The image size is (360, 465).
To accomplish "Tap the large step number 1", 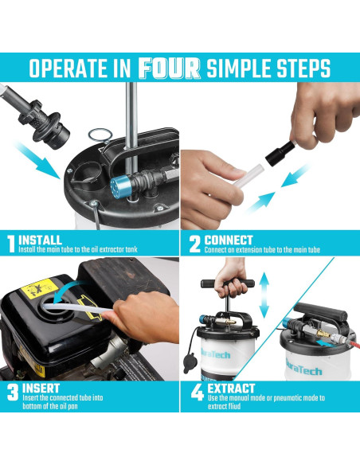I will [10, 243].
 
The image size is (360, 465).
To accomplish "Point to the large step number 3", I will [11, 392].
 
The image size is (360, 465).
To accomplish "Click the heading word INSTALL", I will [41, 239].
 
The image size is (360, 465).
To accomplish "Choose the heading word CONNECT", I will [229, 239].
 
